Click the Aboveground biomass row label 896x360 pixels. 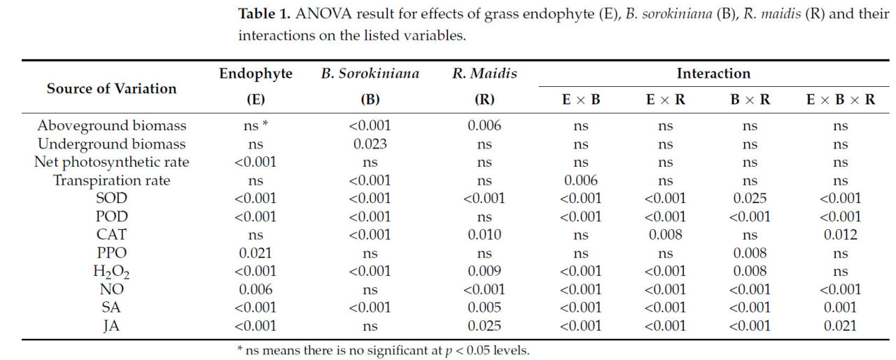point(112,126)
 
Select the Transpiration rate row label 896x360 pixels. point(112,181)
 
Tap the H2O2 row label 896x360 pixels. point(112,272)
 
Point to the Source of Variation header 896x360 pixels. point(112,89)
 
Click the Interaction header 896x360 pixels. point(713,74)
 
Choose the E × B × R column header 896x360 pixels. point(841,99)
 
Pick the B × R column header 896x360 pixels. point(750,99)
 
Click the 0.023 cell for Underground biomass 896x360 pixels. point(370,144)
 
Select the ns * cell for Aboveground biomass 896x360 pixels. point(256,126)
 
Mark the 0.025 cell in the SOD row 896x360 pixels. point(750,199)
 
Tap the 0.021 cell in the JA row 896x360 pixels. point(841,326)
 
